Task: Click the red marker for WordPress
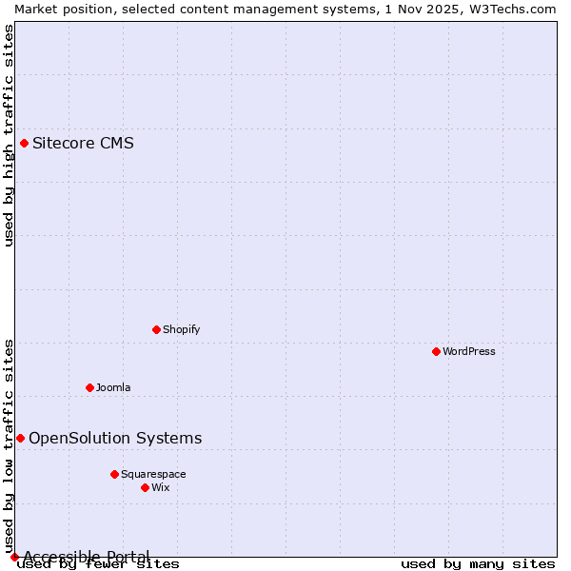436,351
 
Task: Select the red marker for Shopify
156,329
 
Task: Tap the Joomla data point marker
89,387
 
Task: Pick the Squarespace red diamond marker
114,474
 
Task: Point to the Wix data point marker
145,487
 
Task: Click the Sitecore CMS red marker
24,144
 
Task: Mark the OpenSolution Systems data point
20,438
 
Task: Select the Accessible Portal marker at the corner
14,557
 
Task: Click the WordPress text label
469,351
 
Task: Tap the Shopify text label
181,329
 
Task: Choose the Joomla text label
113,387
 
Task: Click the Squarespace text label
153,474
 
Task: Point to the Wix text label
161,487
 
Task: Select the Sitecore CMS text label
83,144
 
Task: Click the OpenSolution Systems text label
115,438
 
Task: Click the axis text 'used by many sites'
477,564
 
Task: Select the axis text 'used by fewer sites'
99,564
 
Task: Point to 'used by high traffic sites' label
9,135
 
